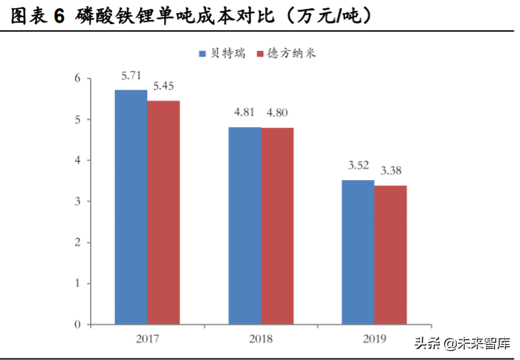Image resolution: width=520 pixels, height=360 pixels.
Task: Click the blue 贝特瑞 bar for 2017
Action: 131,207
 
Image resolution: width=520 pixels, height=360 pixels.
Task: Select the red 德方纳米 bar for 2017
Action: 163,212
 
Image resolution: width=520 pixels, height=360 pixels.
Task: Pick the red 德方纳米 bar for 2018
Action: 277,226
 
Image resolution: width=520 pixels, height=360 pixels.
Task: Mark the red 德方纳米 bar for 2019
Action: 390,255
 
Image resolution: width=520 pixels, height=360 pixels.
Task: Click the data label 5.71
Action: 132,76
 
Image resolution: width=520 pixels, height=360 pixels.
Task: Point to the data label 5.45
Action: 163,87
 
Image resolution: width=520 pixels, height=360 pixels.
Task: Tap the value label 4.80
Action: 278,113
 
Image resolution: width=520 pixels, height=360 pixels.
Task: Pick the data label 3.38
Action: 392,171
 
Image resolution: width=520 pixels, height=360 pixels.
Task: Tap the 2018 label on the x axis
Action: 260,338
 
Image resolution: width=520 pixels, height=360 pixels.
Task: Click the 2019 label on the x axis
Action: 374,338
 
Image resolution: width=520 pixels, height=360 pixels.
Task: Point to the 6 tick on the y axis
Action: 78,78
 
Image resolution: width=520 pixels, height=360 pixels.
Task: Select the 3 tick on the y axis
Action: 78,201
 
